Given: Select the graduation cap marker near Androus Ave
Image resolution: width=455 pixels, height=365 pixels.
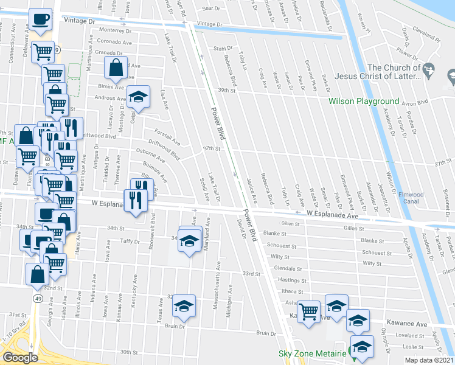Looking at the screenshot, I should (x=139, y=97).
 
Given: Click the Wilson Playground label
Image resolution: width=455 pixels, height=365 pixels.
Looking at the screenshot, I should (x=364, y=101).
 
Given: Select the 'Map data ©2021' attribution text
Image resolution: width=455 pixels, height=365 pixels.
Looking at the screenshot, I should (x=429, y=360).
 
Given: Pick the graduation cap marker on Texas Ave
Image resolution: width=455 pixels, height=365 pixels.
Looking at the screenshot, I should (x=184, y=307).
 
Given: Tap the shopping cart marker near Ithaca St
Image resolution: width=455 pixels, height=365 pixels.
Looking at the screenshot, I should (x=309, y=313).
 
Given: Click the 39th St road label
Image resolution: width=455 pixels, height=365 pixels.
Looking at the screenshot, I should (x=227, y=89).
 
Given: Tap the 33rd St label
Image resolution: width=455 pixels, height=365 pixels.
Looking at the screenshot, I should (x=251, y=274).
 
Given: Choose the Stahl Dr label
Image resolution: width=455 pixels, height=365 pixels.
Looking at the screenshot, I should (x=223, y=48).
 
